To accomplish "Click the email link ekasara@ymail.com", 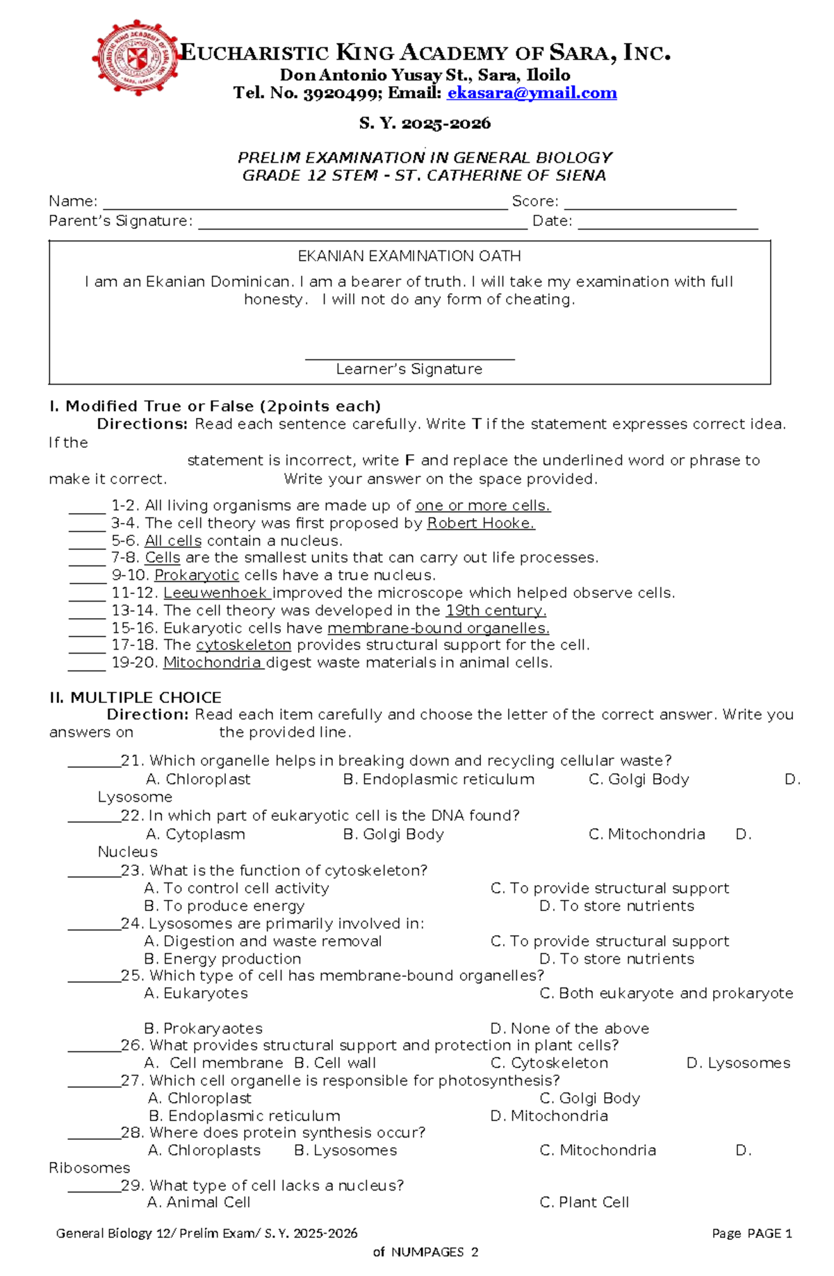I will [532, 93].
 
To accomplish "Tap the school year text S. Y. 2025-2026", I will [425, 124].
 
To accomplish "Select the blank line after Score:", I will [650, 204].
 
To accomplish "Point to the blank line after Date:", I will [667, 224].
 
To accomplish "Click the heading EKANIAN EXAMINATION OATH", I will [409, 256].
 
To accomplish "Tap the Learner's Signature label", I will [409, 369].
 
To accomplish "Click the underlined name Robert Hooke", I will [480, 524].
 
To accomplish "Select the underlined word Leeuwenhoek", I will [216, 593].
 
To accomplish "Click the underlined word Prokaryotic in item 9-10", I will [197, 576].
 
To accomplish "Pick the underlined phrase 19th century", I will [496, 611].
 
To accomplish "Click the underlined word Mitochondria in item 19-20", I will [212, 663].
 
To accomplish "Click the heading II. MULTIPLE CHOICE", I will [136, 697].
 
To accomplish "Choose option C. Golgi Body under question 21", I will [639, 780].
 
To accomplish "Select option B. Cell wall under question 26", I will [335, 1063].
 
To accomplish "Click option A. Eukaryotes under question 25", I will [196, 994].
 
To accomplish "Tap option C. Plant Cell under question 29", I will [584, 1202].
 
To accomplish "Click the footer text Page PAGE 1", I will [752, 1234].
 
